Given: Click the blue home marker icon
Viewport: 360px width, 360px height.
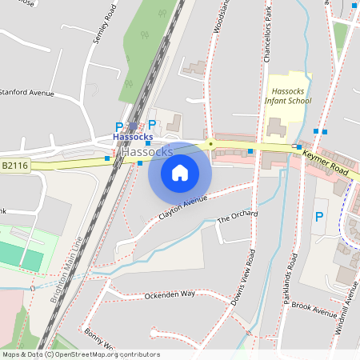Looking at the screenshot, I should pyautogui.click(x=179, y=172).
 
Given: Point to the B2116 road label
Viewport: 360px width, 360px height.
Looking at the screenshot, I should pyautogui.click(x=14, y=166).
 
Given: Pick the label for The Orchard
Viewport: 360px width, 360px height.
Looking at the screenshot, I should pyautogui.click(x=238, y=216).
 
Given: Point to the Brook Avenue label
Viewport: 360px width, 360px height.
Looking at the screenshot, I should pyautogui.click(x=314, y=307).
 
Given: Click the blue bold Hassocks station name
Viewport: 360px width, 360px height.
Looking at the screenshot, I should pyautogui.click(x=133, y=138).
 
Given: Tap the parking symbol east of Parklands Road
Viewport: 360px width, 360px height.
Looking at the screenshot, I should pyautogui.click(x=319, y=216).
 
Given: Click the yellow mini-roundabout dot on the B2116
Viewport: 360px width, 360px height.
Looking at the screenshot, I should pyautogui.click(x=210, y=144).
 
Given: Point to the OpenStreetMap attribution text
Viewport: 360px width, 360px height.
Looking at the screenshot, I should pyautogui.click(x=81, y=354).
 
